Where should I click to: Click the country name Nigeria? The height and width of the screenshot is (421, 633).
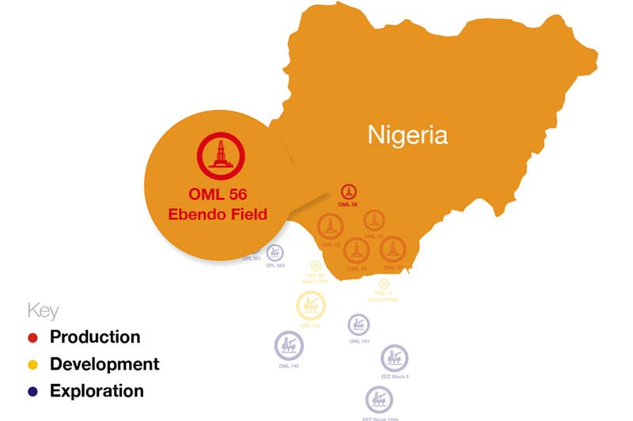pyautogui.click(x=407, y=135)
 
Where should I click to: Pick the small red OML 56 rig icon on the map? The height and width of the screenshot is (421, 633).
pyautogui.click(x=348, y=192)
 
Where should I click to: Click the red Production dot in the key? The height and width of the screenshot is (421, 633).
pyautogui.click(x=32, y=338)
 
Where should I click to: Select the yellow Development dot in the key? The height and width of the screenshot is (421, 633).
pyautogui.click(x=32, y=365)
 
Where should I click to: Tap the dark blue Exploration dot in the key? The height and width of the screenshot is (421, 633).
pyautogui.click(x=32, y=392)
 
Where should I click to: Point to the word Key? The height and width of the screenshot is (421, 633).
pyautogui.click(x=43, y=310)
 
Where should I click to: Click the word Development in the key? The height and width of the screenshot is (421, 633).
pyautogui.click(x=104, y=364)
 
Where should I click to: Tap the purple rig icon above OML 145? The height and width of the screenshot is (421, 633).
pyautogui.click(x=289, y=346)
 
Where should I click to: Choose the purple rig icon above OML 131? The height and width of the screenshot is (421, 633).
pyautogui.click(x=358, y=324)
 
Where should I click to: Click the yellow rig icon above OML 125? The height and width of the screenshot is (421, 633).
pyautogui.click(x=310, y=305)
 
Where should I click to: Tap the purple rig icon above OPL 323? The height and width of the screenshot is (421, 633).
pyautogui.click(x=275, y=252)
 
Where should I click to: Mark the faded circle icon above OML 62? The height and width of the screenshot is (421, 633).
pyautogui.click(x=331, y=226)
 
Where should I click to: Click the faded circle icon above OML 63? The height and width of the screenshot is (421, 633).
pyautogui.click(x=357, y=251)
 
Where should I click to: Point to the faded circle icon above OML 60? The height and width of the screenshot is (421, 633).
pyautogui.click(x=373, y=221)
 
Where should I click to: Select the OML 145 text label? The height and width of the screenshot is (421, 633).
pyautogui.click(x=289, y=366)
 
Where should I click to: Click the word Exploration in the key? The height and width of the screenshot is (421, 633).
pyautogui.click(x=97, y=391)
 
